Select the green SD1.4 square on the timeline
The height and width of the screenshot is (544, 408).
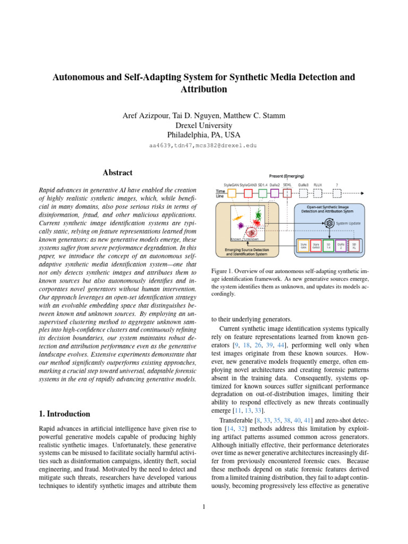coord(262,193)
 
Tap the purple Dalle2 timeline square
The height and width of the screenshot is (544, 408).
coord(275,193)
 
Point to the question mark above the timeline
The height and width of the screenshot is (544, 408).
coord(336,185)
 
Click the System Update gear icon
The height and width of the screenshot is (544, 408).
coord(329,223)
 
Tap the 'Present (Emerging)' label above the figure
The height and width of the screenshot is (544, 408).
coord(286,176)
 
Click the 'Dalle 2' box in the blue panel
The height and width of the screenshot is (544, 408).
coord(342,245)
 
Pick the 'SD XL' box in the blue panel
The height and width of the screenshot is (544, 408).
coord(354,245)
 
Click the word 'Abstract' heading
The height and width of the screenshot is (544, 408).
coord(117,173)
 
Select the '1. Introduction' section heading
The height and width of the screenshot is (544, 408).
coord(65,413)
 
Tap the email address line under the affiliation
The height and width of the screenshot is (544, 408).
coord(203,144)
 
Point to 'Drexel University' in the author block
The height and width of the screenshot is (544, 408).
coord(203,125)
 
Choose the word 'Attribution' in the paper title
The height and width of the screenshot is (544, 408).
coord(203,89)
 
